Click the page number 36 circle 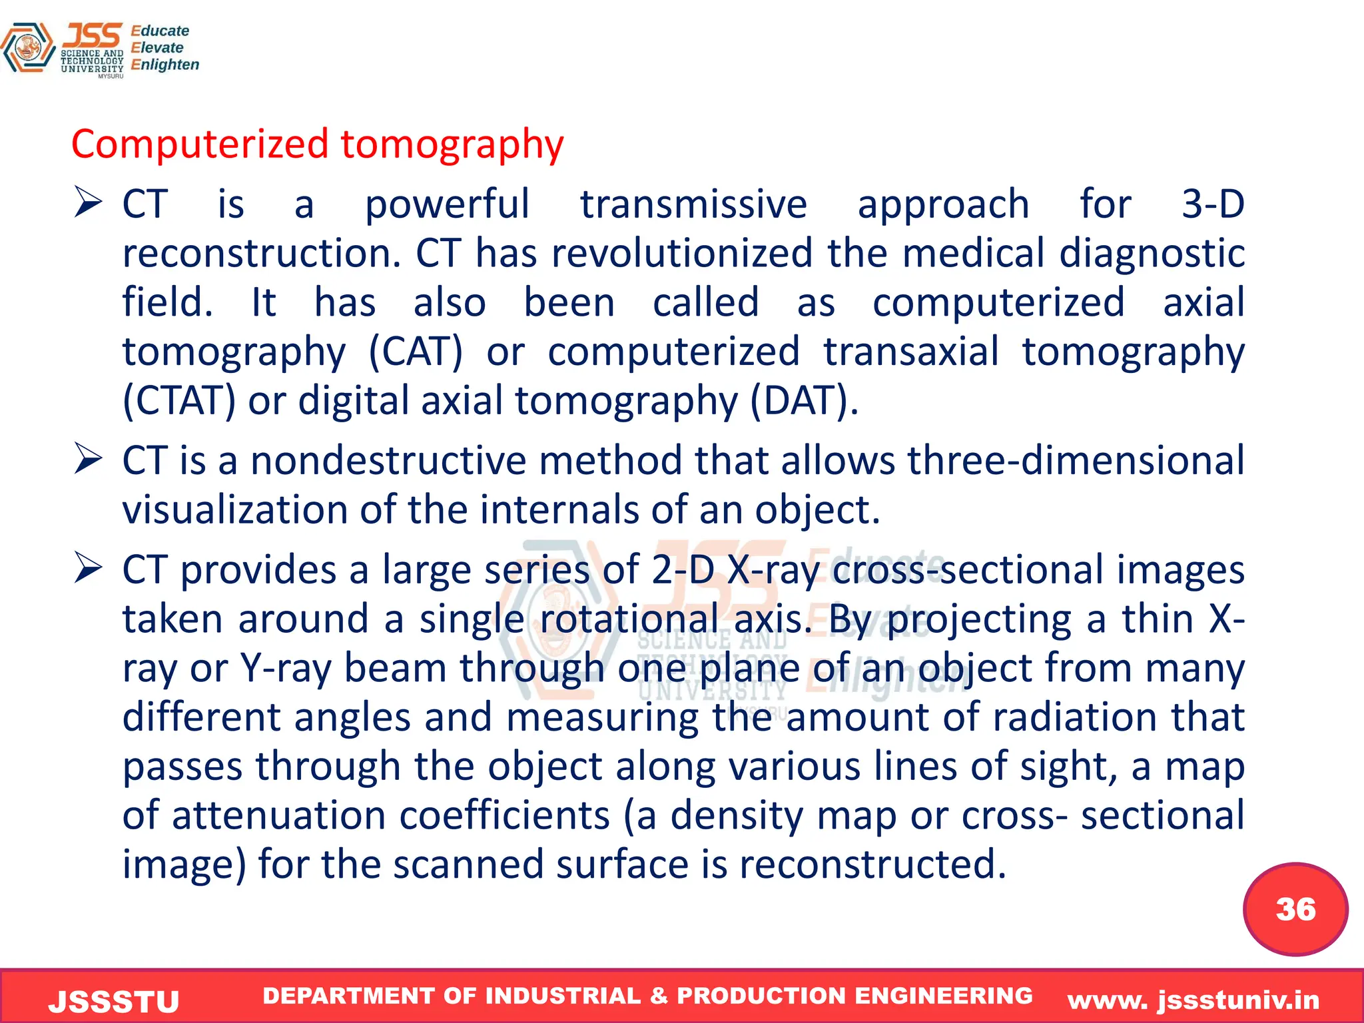(1295, 909)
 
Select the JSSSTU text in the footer (114, 1001)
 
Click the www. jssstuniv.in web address (1193, 1000)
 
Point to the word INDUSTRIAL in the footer (563, 996)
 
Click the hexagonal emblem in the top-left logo (28, 48)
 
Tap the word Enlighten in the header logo (165, 65)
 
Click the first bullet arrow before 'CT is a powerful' (88, 202)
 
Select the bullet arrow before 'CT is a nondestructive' (88, 459)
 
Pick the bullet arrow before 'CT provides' (88, 568)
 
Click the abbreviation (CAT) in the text (416, 352)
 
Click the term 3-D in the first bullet (1212, 204)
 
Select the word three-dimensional (1075, 460)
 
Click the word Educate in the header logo (160, 31)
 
